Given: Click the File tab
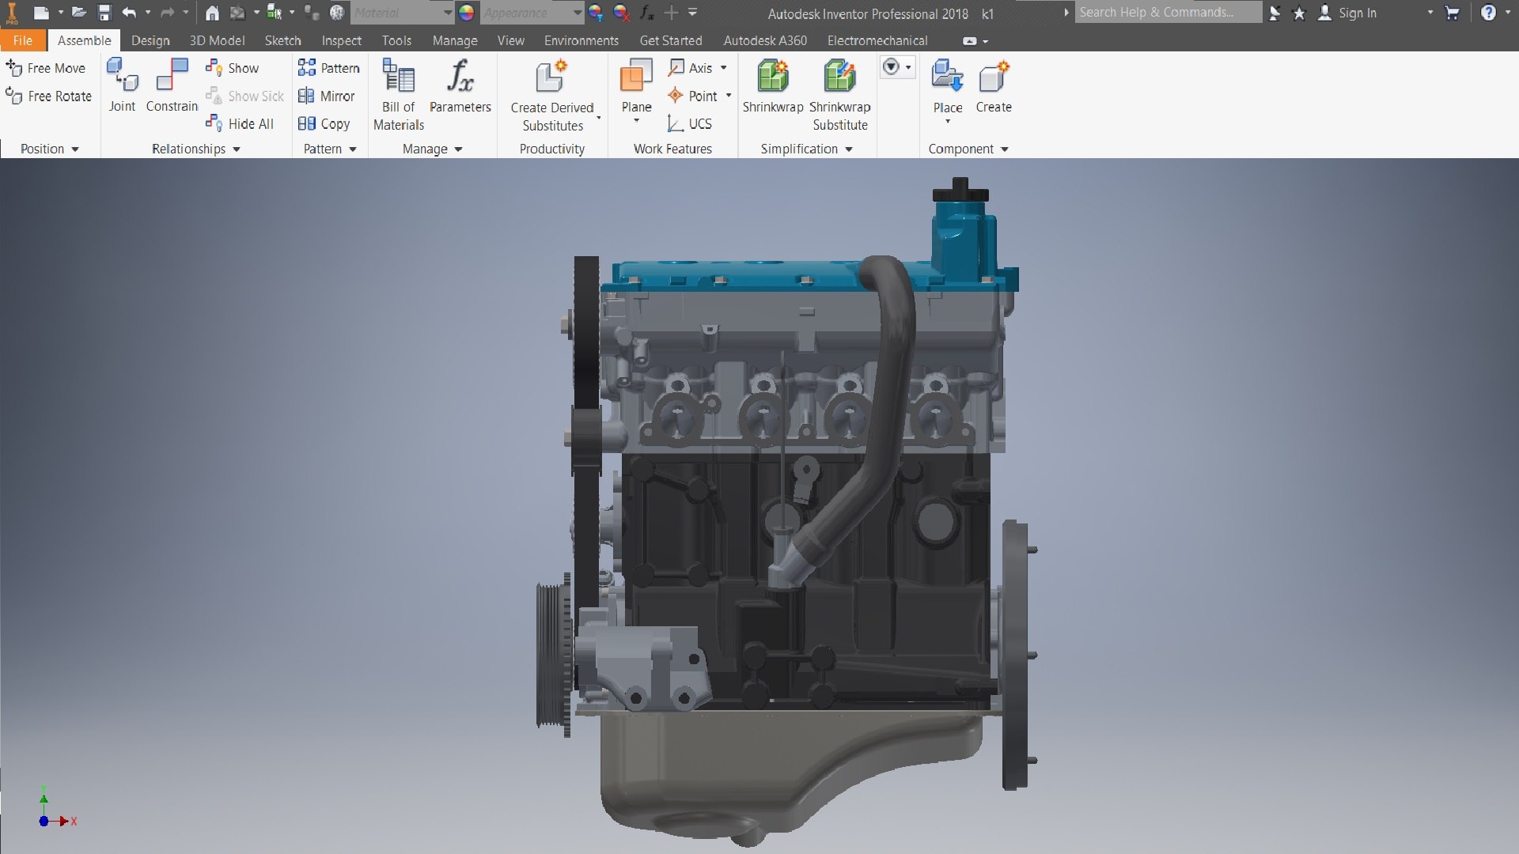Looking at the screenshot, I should click(x=22, y=40).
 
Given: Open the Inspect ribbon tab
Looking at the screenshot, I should click(x=341, y=40).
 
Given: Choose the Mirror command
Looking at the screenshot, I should click(x=327, y=96).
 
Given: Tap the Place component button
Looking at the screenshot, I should click(x=947, y=87).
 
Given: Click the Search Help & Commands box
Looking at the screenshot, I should click(x=1167, y=13).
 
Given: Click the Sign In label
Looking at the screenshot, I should click(x=1357, y=13).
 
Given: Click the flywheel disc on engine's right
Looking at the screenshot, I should click(x=1014, y=655).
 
